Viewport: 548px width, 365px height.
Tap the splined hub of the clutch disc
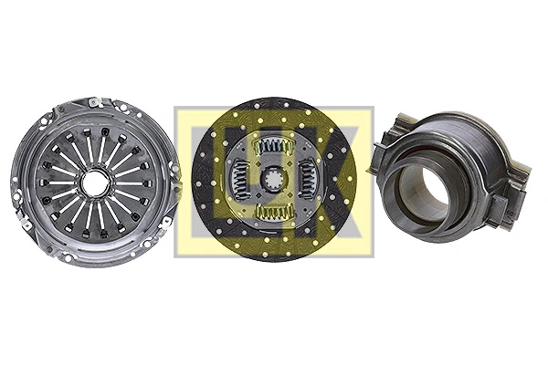click(x=272, y=180)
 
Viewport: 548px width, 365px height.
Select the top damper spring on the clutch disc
click(x=273, y=146)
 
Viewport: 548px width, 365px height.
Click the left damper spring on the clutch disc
click(x=240, y=178)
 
